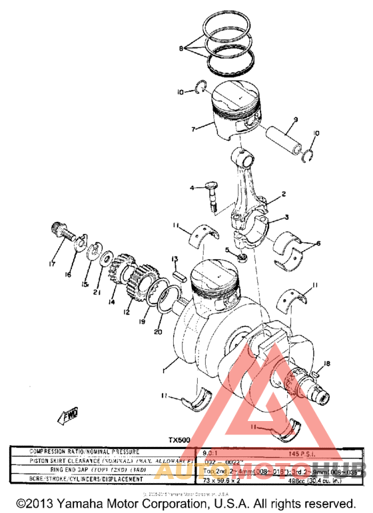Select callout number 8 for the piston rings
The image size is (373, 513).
point(181,48)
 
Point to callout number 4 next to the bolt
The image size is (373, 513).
point(192,189)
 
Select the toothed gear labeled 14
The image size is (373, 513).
point(123,273)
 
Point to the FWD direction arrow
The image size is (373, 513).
point(71,416)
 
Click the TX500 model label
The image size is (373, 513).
point(179,440)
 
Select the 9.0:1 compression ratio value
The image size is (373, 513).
point(212,451)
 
